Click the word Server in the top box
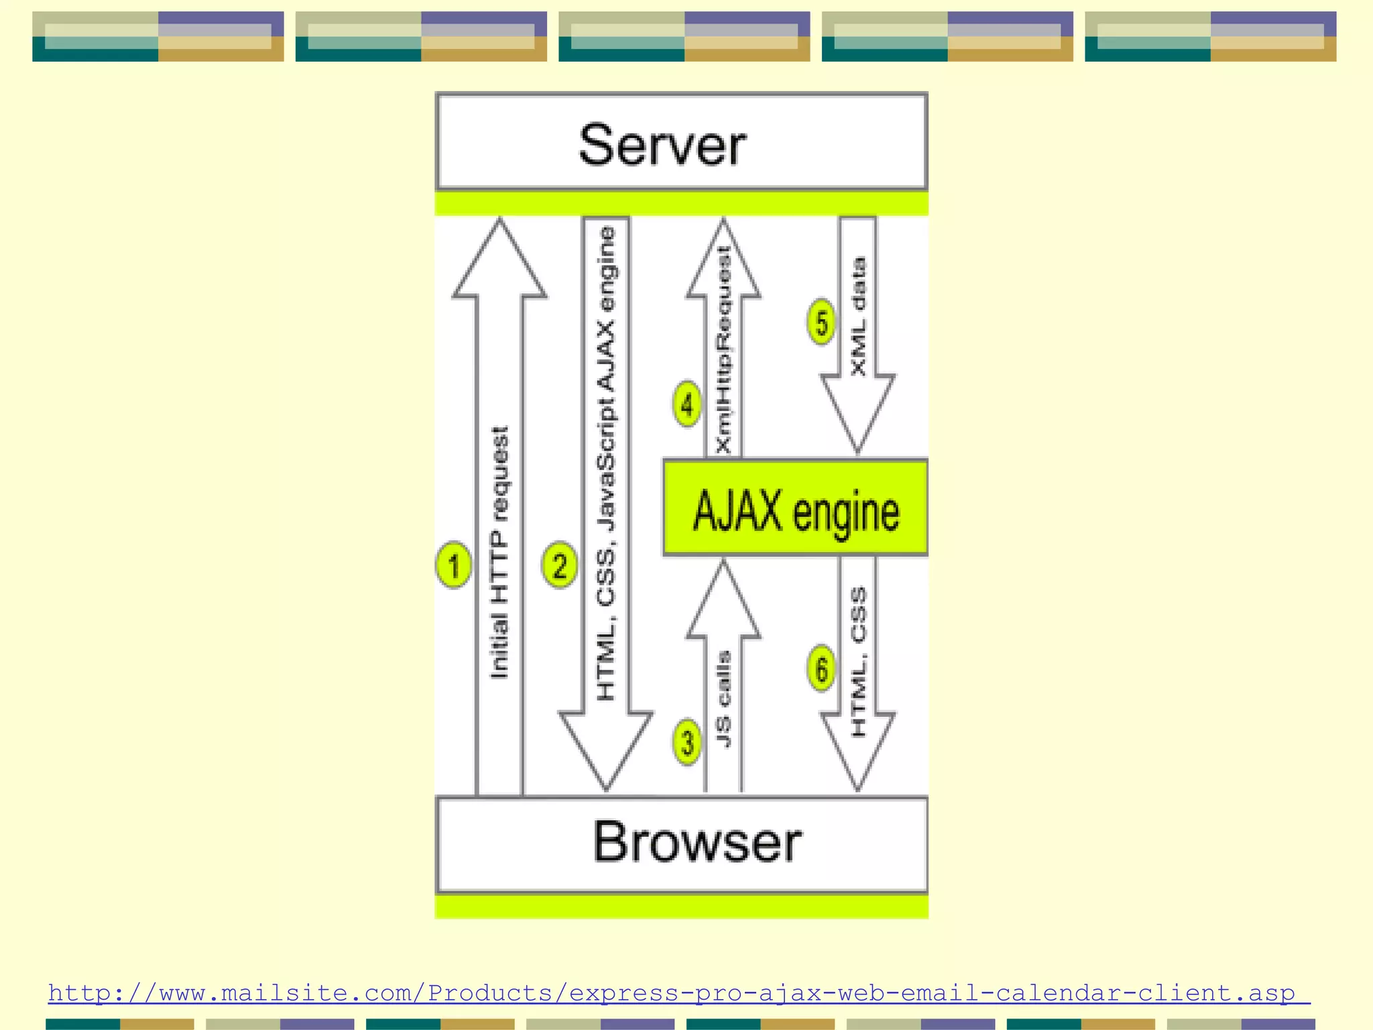point(662,145)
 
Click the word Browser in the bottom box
point(697,842)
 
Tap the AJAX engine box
point(796,509)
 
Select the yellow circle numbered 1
point(454,565)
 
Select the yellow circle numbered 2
point(559,565)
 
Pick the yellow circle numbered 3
point(687,742)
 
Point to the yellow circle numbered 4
point(687,404)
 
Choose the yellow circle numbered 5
point(821,323)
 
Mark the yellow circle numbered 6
point(821,668)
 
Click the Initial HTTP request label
point(500,553)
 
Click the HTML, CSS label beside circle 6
point(858,662)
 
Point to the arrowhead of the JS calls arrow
point(723,604)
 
